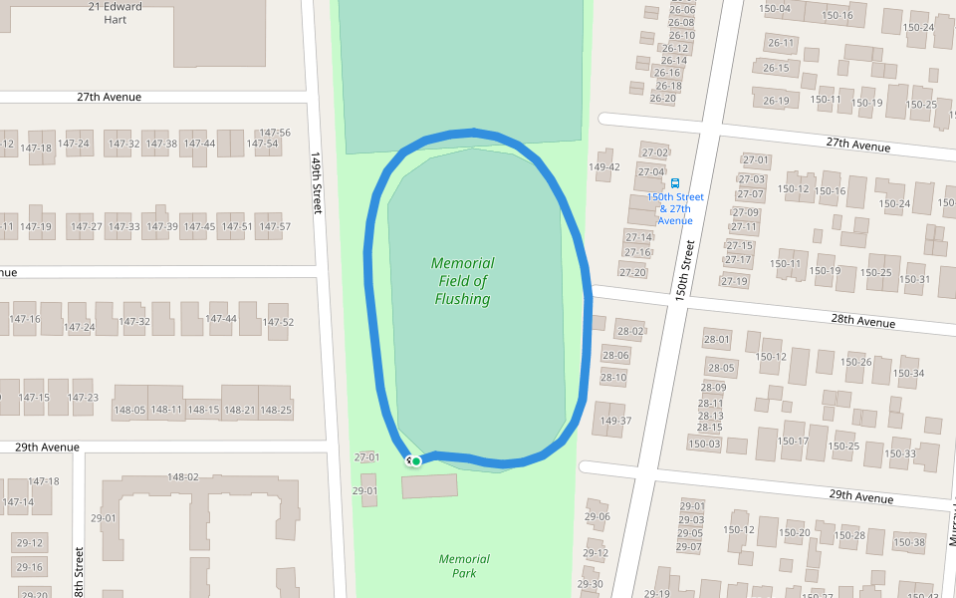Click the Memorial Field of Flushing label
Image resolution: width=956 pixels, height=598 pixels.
pyautogui.click(x=462, y=281)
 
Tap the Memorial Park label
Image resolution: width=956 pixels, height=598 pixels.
pyautogui.click(x=464, y=566)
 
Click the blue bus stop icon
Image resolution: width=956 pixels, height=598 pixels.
pyautogui.click(x=675, y=183)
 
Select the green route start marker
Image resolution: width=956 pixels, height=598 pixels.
pyautogui.click(x=415, y=460)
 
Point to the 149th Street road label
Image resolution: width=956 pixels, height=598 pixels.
pyautogui.click(x=317, y=183)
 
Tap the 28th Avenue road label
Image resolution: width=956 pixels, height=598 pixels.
pyautogui.click(x=862, y=322)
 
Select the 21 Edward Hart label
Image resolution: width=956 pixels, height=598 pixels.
pyautogui.click(x=116, y=13)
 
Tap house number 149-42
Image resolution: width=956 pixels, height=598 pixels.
pyautogui.click(x=604, y=167)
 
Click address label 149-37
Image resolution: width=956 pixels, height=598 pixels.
pyautogui.click(x=615, y=421)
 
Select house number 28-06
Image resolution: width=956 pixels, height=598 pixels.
pyautogui.click(x=615, y=355)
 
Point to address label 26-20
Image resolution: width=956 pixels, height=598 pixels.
pyautogui.click(x=662, y=98)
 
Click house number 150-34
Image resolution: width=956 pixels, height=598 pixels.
pyautogui.click(x=908, y=374)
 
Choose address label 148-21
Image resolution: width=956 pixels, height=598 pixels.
pyautogui.click(x=239, y=410)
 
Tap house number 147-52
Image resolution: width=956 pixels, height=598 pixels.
pyautogui.click(x=278, y=322)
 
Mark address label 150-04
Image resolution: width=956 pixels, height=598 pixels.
pyautogui.click(x=774, y=9)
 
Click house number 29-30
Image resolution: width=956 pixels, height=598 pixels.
pyautogui.click(x=591, y=584)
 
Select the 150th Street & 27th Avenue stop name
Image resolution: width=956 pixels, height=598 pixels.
pyautogui.click(x=675, y=208)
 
